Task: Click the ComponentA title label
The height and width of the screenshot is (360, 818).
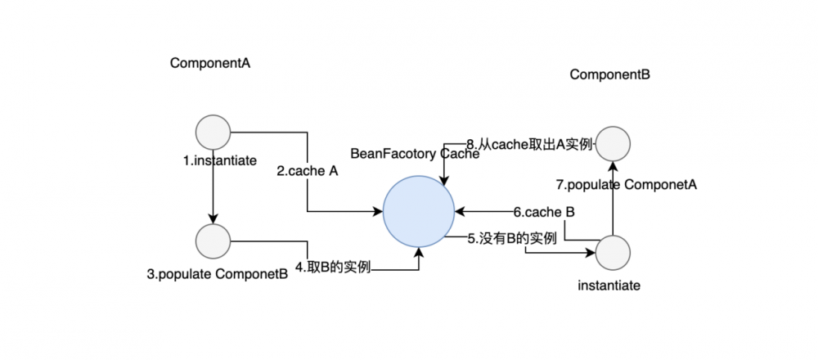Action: click(209, 63)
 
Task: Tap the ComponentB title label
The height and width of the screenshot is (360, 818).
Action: click(609, 74)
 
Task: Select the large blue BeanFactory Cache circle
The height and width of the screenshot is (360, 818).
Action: click(419, 211)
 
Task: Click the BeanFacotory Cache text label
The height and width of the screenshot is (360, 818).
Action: click(415, 154)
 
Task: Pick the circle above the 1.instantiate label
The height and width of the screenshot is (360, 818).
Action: click(213, 131)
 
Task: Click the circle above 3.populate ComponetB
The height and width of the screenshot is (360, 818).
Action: click(213, 240)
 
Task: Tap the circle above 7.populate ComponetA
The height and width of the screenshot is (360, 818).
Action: click(613, 143)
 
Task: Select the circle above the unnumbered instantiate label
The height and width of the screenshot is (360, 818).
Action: click(613, 254)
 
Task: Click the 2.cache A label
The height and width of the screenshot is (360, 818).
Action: click(308, 172)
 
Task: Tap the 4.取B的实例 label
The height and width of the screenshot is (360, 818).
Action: click(334, 267)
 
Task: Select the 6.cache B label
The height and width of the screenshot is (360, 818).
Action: click(543, 212)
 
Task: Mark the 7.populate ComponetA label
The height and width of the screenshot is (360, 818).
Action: click(626, 185)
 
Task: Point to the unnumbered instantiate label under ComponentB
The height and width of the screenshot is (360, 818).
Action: click(609, 286)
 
